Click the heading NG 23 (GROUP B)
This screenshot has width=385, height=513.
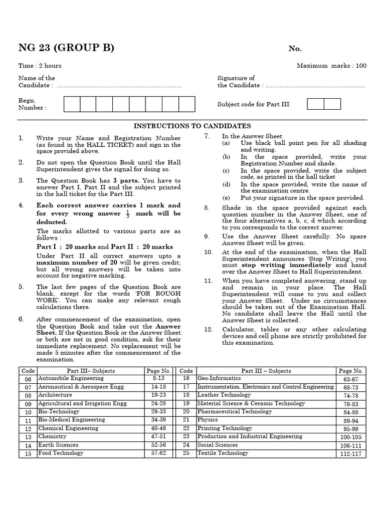tap(66, 48)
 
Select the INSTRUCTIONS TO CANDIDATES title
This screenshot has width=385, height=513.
tap(192, 126)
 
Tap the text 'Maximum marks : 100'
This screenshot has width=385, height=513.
tap(331, 66)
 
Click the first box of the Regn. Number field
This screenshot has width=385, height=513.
tap(72, 104)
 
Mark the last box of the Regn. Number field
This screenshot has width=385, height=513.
tap(186, 104)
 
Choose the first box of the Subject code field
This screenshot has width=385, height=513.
tap(315, 104)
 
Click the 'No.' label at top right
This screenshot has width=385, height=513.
tap(295, 49)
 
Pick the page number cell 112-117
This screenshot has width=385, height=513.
tap(351, 454)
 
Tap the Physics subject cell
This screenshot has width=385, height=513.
tap(208, 420)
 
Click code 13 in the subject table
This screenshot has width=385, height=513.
tap(28, 437)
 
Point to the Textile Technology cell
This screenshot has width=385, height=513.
tap(223, 453)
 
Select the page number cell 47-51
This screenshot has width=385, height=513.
tap(159, 437)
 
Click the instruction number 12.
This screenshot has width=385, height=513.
tap(208, 329)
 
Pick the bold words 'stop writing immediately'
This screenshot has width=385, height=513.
tap(286, 265)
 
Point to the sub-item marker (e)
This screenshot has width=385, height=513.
tap(227, 198)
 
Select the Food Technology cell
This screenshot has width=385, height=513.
tap(61, 453)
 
